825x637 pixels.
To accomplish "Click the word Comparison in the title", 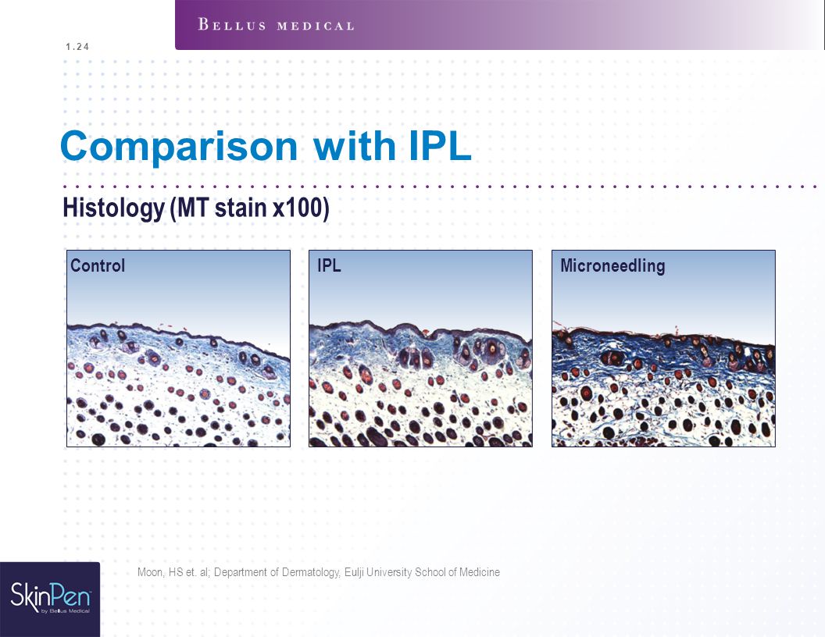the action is tap(180, 147).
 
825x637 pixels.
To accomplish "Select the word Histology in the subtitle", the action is tap(113, 208).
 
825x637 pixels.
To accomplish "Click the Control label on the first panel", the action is tap(98, 265).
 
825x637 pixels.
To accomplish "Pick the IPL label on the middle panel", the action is tap(329, 265).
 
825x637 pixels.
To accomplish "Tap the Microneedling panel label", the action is tap(612, 266).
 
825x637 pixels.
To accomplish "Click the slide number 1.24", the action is tap(77, 47).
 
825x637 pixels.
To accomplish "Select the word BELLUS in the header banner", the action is tap(232, 25).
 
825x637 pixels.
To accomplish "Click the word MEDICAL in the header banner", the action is tap(316, 26).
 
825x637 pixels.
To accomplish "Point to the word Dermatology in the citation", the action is tap(311, 572).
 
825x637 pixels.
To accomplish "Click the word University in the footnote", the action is tap(389, 572).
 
